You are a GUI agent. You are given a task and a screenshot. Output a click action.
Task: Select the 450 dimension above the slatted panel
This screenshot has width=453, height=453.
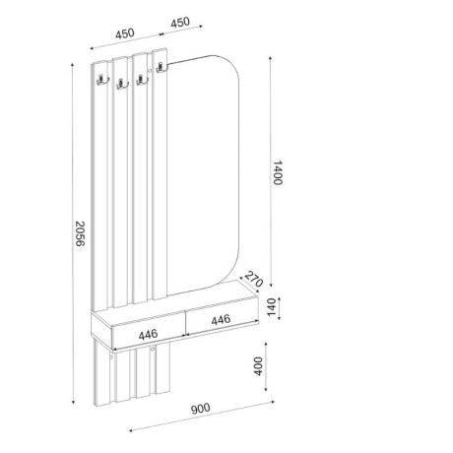click(x=125, y=32)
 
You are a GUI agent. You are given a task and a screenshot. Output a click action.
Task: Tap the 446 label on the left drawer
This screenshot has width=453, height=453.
click(x=149, y=335)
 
